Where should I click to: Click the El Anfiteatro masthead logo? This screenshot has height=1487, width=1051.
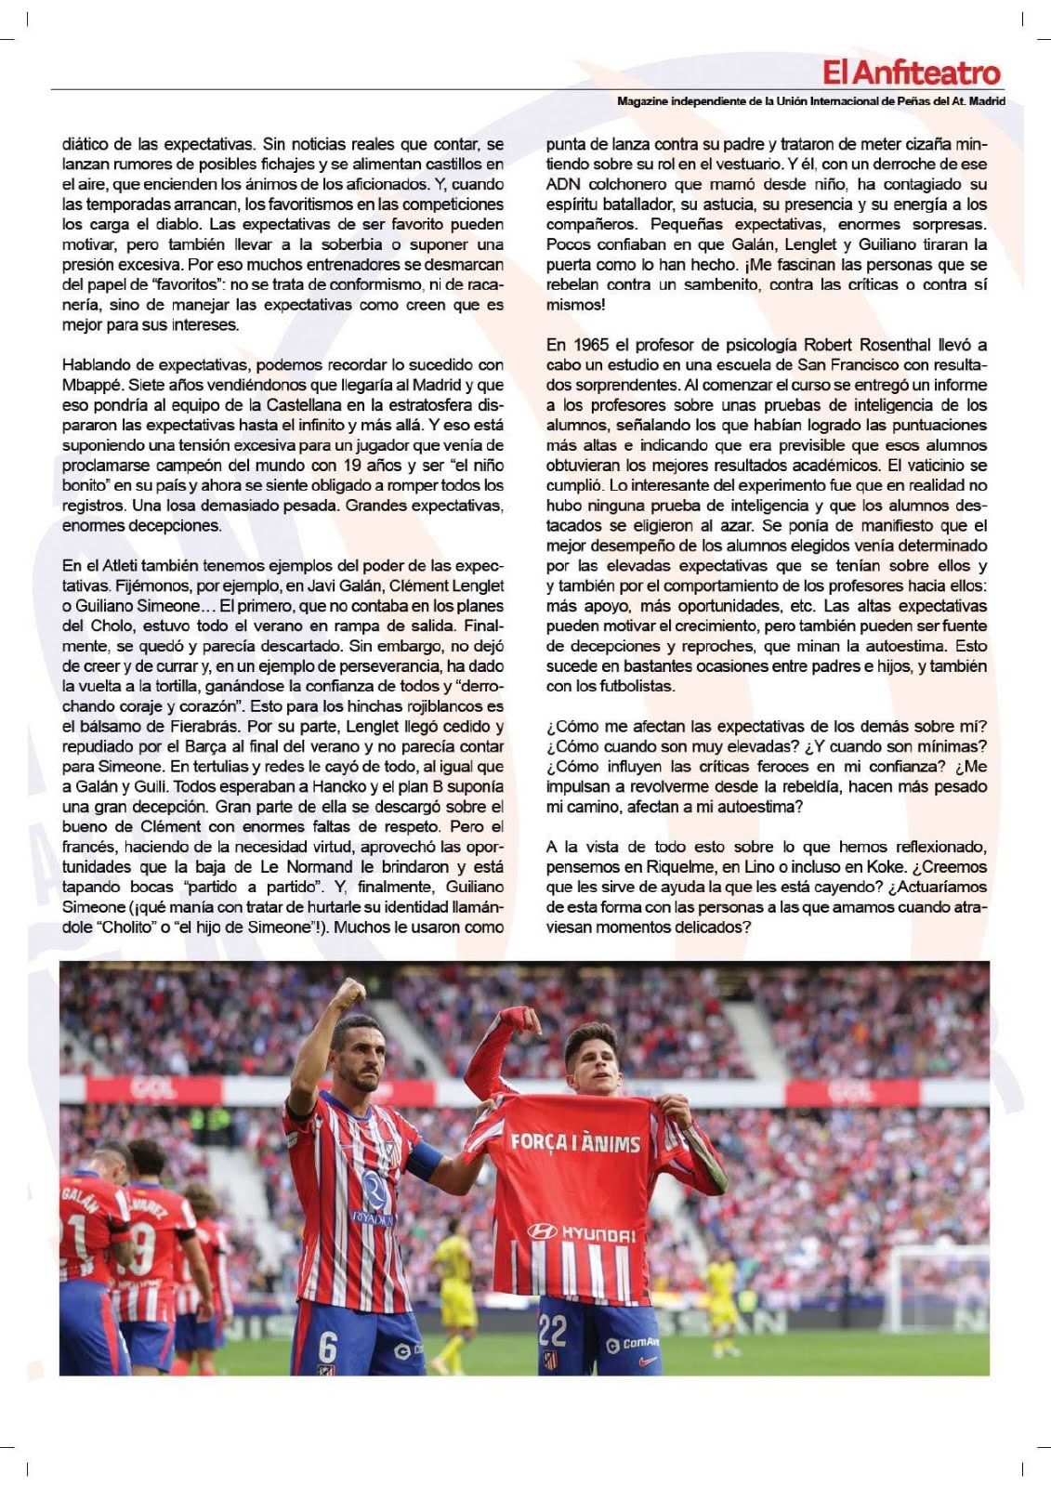tap(911, 72)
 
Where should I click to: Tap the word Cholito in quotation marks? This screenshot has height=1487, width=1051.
tap(120, 927)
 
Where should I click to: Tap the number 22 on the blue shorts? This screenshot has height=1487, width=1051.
tap(552, 1332)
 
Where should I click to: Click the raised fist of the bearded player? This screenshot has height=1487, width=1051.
tap(348, 996)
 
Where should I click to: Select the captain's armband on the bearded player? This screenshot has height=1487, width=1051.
tap(427, 1163)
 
